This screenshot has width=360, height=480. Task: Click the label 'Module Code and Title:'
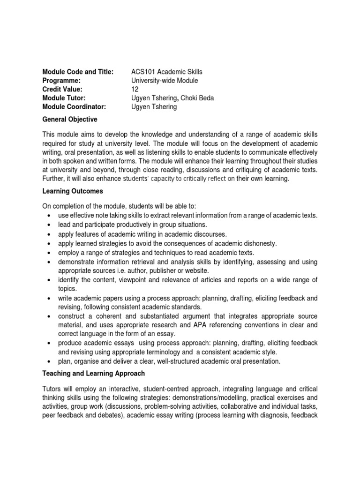coord(78,72)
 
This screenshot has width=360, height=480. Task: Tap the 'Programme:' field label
coord(61,81)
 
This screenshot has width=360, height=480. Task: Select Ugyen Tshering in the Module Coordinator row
coord(155,107)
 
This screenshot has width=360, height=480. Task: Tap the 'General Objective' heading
coord(70,120)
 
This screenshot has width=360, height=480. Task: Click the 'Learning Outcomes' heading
coord(73,192)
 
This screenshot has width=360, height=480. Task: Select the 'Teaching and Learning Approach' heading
coord(94,374)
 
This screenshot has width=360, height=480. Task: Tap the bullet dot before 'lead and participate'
coord(49,225)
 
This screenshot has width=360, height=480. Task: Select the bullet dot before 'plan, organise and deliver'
coord(49,361)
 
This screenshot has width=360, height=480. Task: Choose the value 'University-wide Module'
coord(165,81)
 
